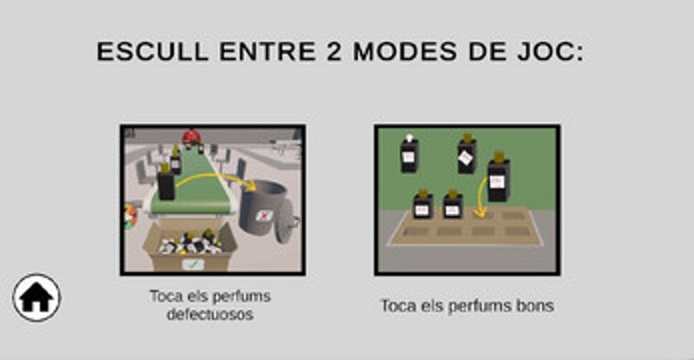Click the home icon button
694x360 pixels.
coord(36,298)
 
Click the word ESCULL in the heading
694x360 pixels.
coord(153,51)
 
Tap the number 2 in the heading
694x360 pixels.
coord(334,51)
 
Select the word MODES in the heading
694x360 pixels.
coord(405,51)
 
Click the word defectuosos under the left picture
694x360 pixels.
coord(210,314)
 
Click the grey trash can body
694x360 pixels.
coord(263,206)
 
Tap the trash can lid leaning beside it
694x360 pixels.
coord(287,221)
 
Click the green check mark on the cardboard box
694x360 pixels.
coord(193,265)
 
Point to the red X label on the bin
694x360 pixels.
coord(265,216)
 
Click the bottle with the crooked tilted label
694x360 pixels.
coord(467,154)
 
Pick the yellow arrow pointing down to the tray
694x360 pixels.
coord(481,197)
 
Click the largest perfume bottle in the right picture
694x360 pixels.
coord(499,176)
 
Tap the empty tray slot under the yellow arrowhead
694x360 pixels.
coord(482,216)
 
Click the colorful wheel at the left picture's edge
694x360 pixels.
coord(130,216)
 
